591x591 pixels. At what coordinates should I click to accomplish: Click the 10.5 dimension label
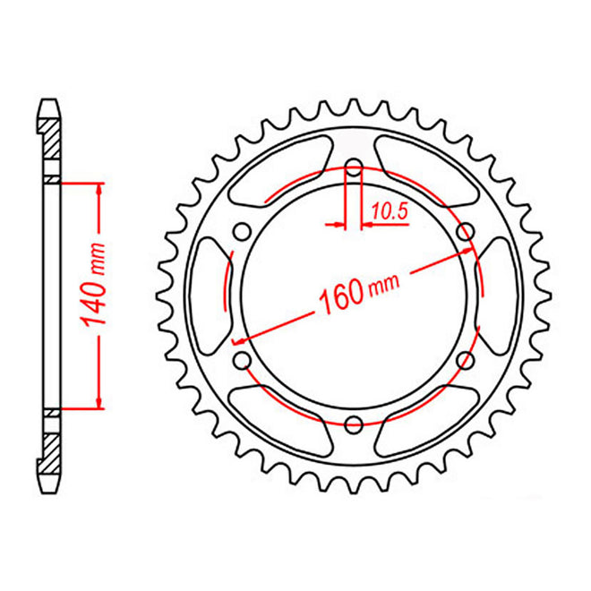pos(388,213)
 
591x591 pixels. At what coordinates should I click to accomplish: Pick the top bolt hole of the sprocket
pos(353,167)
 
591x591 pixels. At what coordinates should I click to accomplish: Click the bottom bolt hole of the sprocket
pos(353,424)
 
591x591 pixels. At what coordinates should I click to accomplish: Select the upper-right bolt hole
pos(465,232)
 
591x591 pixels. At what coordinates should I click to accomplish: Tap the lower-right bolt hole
pos(465,360)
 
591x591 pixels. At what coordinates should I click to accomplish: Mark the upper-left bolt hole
pos(241,232)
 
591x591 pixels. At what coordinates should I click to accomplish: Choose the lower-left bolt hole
pos(241,360)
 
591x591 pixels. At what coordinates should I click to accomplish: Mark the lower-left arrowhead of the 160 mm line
pos(238,340)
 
